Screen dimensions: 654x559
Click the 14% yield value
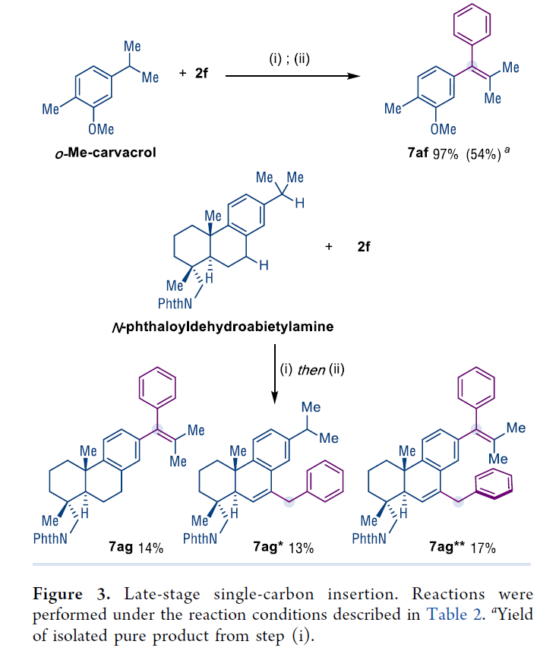pos(150,547)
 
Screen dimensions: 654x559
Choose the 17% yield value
pos(482,547)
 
